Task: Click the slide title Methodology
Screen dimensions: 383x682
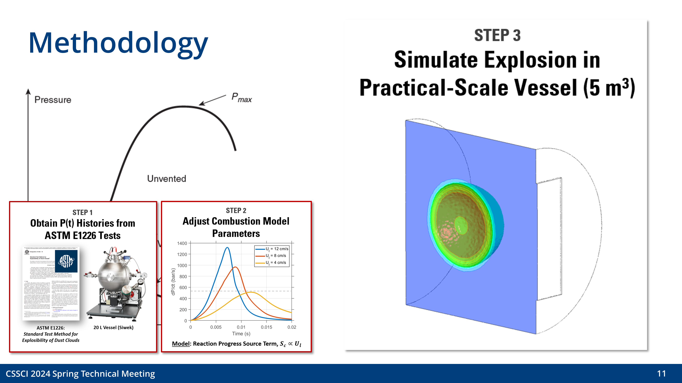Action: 118,43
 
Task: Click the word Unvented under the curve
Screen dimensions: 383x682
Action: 167,179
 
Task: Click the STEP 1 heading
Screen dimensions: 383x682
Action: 82,212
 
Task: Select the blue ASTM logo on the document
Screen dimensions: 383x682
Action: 66,261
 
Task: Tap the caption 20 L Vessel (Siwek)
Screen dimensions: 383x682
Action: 113,328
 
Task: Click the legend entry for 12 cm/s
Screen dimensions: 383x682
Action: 277,249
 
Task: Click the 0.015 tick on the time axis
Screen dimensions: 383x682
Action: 266,327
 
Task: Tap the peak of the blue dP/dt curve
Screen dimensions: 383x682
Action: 227,248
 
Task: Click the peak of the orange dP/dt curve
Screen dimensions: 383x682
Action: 235,267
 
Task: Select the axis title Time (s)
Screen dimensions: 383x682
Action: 241,334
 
